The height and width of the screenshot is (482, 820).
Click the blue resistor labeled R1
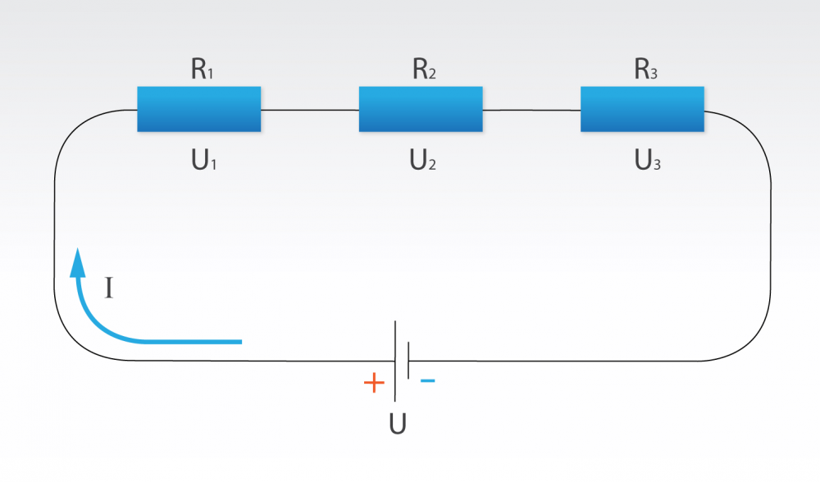198,109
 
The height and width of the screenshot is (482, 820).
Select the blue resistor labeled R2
420,109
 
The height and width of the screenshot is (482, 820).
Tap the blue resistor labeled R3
642,109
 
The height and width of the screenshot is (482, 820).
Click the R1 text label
202,70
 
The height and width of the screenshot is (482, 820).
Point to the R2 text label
424,70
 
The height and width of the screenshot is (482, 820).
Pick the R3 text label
645,70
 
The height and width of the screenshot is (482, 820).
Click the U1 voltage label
203,161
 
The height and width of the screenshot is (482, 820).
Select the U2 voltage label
423,161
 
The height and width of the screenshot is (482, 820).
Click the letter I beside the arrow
109,288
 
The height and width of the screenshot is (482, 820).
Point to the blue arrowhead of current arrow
78,260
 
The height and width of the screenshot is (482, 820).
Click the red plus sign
373,383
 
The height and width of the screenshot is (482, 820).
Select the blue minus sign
427,381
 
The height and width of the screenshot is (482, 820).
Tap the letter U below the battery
398,425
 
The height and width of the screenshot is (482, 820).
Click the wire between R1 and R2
310,110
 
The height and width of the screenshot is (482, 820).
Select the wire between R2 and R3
531,110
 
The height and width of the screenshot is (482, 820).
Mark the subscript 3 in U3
657,165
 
